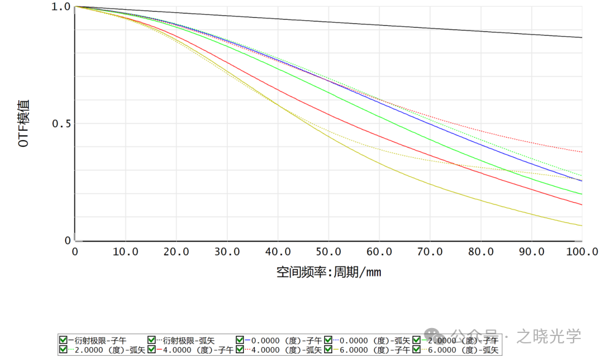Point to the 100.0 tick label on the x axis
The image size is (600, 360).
pyautogui.click(x=582, y=252)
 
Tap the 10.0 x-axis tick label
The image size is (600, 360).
pyautogui.click(x=125, y=252)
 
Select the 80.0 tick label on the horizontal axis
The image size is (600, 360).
pyautogui.click(x=481, y=252)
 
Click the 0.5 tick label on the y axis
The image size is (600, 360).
pyautogui.click(x=61, y=123)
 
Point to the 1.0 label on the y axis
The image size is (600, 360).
pyautogui.click(x=61, y=7)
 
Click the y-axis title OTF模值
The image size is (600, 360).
pyautogui.click(x=24, y=123)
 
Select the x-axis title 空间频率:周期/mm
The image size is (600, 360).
pyautogui.click(x=329, y=272)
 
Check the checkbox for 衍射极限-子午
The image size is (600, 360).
pyautogui.click(x=63, y=340)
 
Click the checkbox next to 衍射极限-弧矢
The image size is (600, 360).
pyautogui.click(x=152, y=340)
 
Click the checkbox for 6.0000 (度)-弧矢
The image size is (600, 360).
pyautogui.click(x=417, y=350)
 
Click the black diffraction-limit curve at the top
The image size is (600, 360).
pyautogui.click(x=368, y=25)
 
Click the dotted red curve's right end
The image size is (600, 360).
pyautogui.click(x=580, y=151)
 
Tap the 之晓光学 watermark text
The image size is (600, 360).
pyautogui.click(x=548, y=336)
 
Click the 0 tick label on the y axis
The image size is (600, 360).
pyautogui.click(x=68, y=241)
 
